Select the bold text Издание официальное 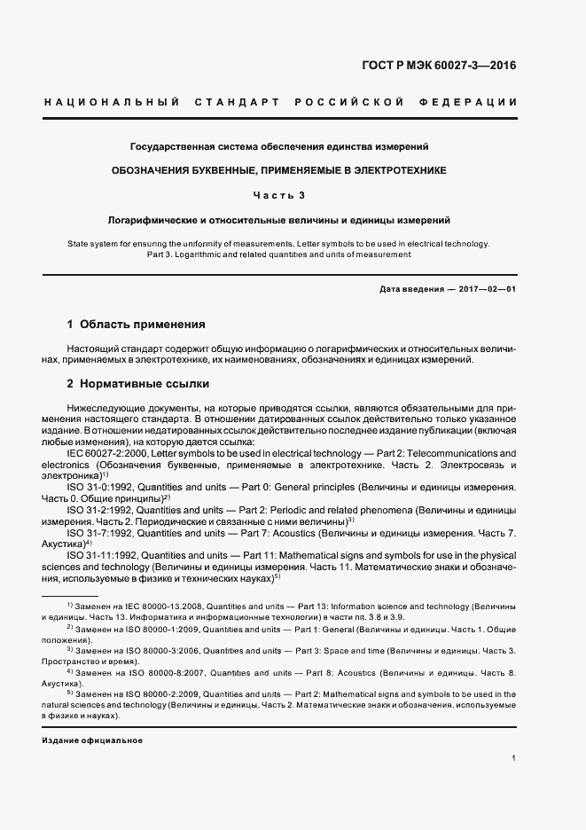(x=93, y=740)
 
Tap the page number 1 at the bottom (x=514, y=759)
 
